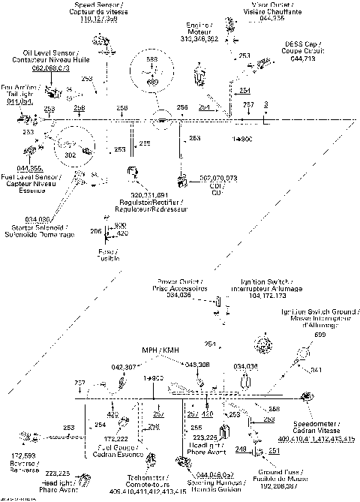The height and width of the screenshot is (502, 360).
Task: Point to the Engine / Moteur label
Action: (201, 29)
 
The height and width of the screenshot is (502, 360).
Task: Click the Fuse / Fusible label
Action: (109, 255)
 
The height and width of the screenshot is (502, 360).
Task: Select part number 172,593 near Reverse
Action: (24, 455)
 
